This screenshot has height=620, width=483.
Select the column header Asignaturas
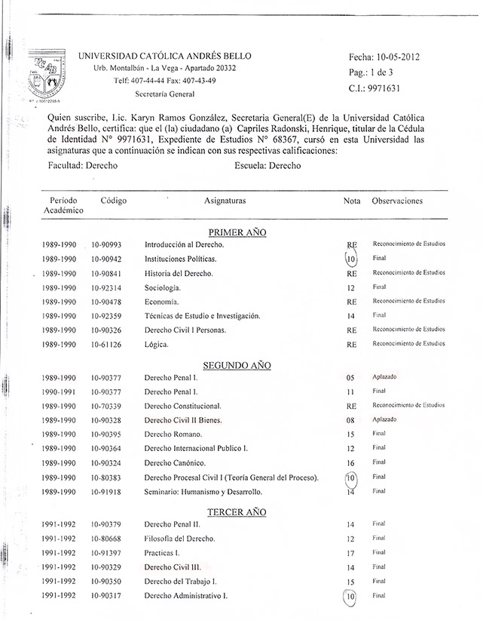point(225,201)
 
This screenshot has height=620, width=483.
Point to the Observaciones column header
point(397,201)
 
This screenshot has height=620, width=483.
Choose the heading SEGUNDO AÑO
point(237,365)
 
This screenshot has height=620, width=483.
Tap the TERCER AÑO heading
point(237,512)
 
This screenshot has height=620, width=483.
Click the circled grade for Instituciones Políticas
point(350,259)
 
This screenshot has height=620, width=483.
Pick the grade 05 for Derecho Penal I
point(350,377)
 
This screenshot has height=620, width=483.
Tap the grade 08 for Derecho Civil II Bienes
point(350,419)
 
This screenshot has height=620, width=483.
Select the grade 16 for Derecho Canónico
point(350,462)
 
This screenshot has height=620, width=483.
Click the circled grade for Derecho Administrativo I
point(350,596)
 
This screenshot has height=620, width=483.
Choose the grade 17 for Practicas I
point(350,553)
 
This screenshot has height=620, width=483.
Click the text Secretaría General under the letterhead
point(164,94)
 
